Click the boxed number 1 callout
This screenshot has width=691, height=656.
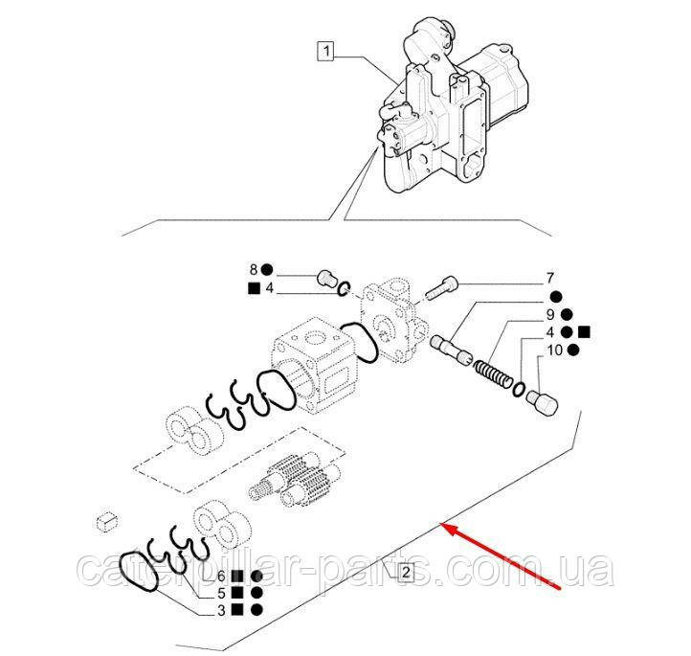click(326, 51)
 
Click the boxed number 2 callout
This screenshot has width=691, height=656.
click(406, 573)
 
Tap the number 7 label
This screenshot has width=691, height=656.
click(550, 278)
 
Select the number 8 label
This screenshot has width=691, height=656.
click(254, 269)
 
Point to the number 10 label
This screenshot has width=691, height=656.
click(555, 351)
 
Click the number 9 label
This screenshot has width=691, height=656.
click(550, 314)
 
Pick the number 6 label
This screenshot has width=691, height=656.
click(221, 576)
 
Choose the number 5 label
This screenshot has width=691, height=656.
click(221, 593)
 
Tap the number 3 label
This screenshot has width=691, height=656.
click(221, 610)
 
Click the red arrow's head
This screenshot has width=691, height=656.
click(446, 527)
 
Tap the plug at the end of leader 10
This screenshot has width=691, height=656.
click(543, 401)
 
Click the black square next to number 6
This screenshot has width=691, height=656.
click(237, 577)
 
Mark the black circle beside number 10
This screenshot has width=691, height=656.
click(573, 351)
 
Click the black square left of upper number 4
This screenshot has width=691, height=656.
click(254, 289)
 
